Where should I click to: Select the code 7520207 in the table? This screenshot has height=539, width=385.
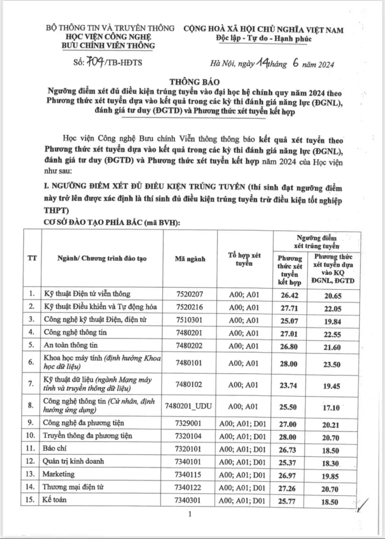coord(192,293)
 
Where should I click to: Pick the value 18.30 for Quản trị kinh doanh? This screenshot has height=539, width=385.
coord(333,462)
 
